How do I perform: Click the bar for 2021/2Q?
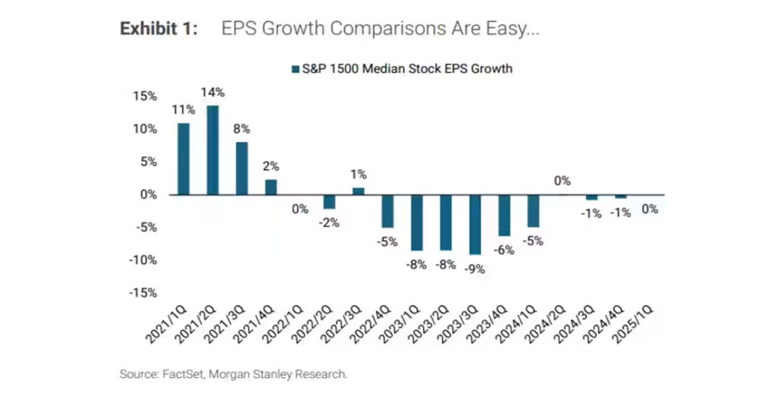(213, 150)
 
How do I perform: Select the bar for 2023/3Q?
(475, 224)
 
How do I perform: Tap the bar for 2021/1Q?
(183, 159)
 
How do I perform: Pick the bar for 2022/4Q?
(388, 211)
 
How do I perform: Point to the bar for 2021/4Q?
(271, 187)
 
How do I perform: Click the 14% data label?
(213, 93)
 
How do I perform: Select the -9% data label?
(475, 269)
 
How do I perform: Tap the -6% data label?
(503, 250)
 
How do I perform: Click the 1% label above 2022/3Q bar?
(359, 175)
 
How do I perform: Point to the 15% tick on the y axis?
(145, 96)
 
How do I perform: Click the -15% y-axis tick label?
(143, 293)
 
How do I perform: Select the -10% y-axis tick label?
(143, 260)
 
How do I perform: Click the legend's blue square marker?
(295, 69)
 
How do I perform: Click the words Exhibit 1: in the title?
(159, 29)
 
